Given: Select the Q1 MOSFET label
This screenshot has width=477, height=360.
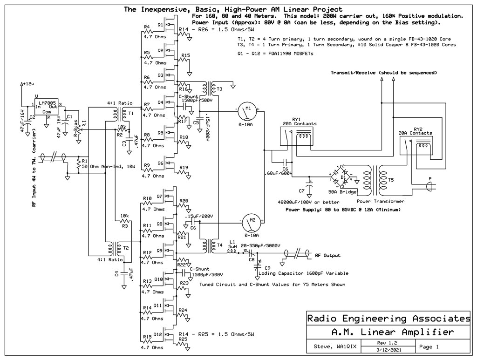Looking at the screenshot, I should click(x=160, y=24).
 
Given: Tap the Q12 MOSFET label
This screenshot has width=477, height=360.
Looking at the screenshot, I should click(x=159, y=334).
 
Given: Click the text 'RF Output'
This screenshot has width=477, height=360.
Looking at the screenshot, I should click(x=327, y=255).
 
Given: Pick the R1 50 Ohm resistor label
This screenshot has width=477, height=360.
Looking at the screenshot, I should click(x=85, y=160).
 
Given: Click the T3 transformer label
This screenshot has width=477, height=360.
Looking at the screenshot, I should click(x=219, y=88).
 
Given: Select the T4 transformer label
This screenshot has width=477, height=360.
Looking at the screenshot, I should click(x=219, y=245).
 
